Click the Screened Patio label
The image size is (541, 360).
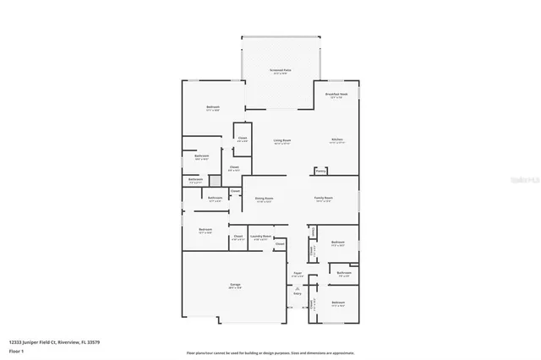pyautogui.click(x=280, y=70)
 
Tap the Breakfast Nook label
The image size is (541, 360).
pyautogui.click(x=336, y=95)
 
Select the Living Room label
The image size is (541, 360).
pyautogui.click(x=281, y=141)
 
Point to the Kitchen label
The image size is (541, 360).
pyautogui.click(x=336, y=141)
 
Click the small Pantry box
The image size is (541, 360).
pyautogui.click(x=320, y=171)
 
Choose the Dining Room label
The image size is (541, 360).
pyautogui.click(x=264, y=199)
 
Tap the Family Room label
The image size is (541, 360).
pyautogui.click(x=323, y=199)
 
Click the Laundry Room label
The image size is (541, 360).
pyautogui.click(x=260, y=237)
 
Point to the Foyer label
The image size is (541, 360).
pyautogui.click(x=298, y=274)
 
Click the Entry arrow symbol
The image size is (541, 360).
pyautogui.click(x=298, y=288)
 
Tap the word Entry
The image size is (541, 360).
pyautogui.click(x=298, y=293)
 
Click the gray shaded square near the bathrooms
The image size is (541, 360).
pyautogui.click(x=215, y=181)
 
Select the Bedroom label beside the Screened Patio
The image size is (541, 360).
pyautogui.click(x=213, y=107)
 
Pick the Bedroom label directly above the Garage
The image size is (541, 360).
pyautogui.click(x=205, y=230)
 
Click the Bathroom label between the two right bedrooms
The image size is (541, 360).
pyautogui.click(x=343, y=273)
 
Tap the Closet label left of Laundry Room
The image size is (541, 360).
pyautogui.click(x=238, y=237)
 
